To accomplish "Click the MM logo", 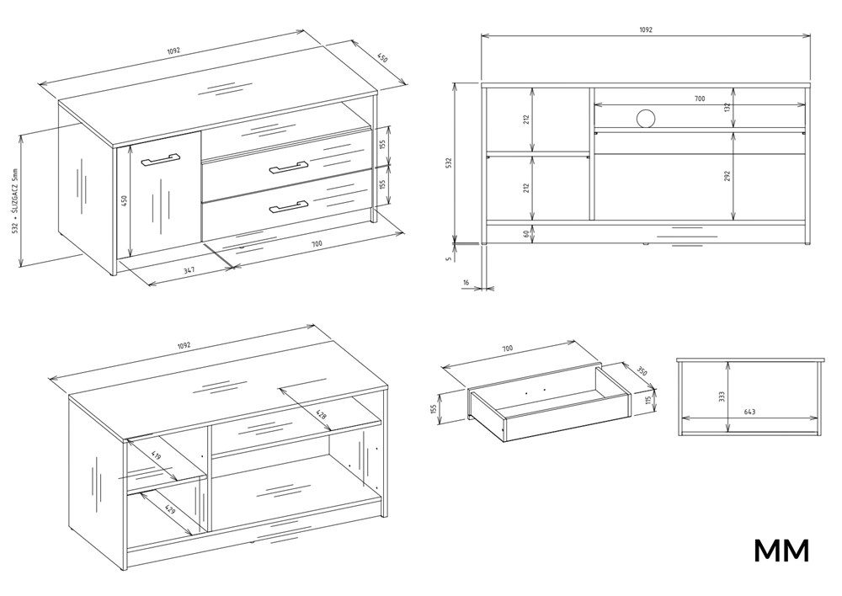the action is pos(781,551).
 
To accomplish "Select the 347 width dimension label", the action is pos(189,270).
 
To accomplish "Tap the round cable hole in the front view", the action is pos(646,118).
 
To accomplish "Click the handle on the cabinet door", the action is pos(161,159).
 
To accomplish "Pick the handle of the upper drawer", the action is pos(288,167).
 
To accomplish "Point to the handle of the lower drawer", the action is pos(288,206).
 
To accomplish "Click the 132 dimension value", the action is pos(727,108).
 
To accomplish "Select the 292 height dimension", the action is pos(727,176).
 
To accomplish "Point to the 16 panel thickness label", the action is pos(465,281).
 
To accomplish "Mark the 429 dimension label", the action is pos(169,508).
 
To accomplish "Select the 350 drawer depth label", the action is pos(642,370).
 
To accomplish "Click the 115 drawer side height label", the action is pos(648,401).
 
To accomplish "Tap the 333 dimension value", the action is pos(722,396).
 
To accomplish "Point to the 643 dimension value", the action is pos(749,412).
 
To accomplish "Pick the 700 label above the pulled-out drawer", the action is pos(507,349).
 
